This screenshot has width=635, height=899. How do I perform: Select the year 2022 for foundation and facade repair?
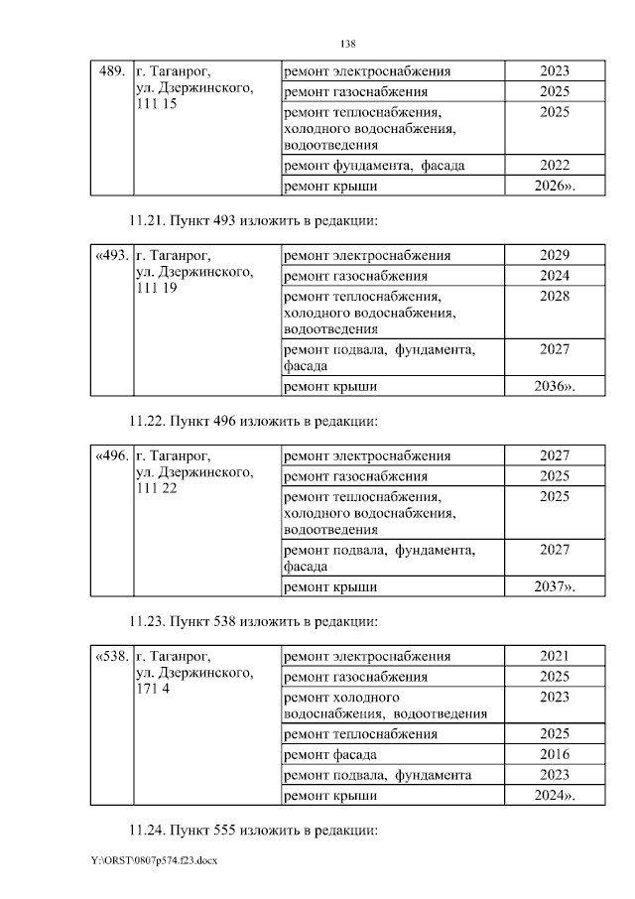pos(555,165)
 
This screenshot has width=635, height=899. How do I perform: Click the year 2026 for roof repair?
pos(555,186)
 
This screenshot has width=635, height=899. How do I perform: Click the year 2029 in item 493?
pos(555,255)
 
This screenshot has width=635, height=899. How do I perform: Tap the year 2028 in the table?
pos(555,297)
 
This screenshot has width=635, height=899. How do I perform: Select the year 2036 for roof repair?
pos(555,386)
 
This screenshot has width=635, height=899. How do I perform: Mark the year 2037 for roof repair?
pos(555,587)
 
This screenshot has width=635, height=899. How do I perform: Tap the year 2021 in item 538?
pos(555,656)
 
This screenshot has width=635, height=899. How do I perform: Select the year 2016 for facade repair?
pos(555,754)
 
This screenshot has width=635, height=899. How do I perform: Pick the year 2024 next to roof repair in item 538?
pos(555,795)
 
